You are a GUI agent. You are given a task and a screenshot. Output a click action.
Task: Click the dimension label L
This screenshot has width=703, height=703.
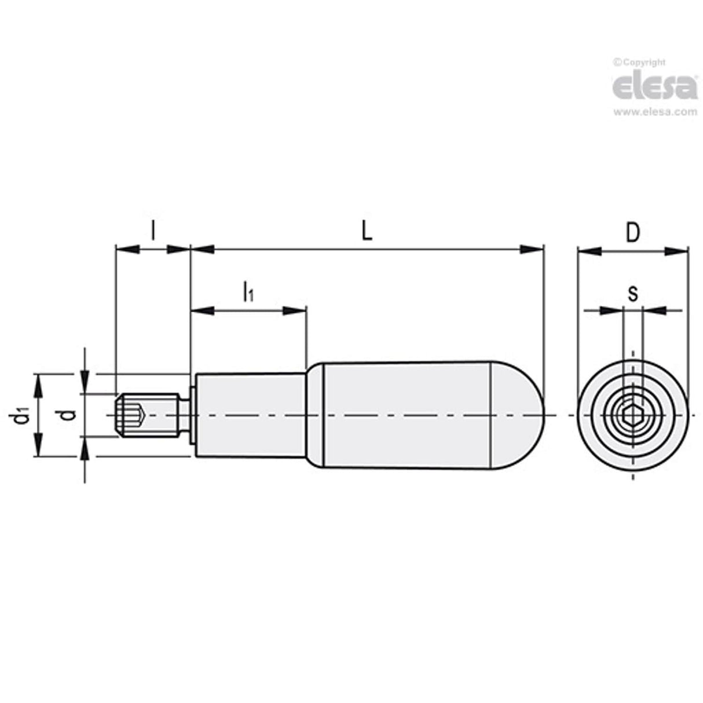366,232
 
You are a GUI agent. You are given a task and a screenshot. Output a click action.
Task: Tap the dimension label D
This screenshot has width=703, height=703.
633,233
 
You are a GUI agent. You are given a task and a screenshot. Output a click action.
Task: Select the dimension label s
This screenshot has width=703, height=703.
632,294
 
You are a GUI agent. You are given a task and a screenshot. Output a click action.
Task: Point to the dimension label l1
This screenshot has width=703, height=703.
247,291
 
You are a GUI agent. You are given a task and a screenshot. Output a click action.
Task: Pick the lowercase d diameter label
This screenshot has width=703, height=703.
69,415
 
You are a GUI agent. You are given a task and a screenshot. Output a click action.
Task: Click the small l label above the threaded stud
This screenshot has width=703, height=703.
153,231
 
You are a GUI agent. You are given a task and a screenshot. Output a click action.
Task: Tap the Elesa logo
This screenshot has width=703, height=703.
655,87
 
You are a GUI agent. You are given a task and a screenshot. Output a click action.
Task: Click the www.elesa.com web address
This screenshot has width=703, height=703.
655,112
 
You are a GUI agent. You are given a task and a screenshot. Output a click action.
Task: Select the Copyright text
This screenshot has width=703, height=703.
640,63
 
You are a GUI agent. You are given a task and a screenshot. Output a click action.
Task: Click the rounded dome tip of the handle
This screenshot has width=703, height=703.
521,415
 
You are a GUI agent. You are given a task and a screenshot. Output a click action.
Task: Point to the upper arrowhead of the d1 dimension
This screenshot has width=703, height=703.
39,384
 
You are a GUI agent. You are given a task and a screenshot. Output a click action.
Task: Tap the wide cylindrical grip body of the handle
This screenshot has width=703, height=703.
405,415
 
